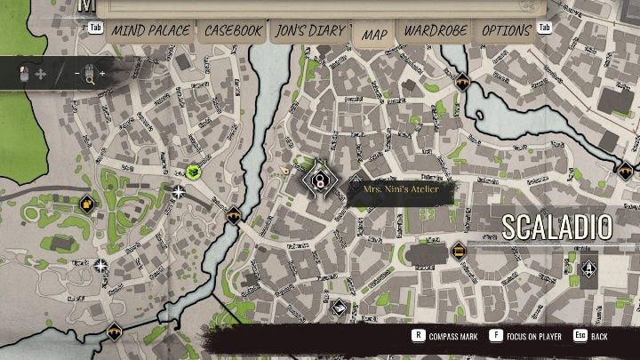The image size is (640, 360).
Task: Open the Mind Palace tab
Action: pos(150,31)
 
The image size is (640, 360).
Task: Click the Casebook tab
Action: pos(234,31)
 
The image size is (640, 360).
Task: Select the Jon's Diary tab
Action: pos(309,31)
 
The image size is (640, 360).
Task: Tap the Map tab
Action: pos(374,34)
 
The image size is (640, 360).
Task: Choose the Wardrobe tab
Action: pos(435,31)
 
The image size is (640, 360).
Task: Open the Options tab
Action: pos(506,31)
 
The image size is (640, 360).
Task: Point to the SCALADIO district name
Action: pos(557,227)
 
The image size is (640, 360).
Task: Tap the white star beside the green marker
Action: pos(180,191)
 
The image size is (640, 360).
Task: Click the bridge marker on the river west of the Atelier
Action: pos(234,214)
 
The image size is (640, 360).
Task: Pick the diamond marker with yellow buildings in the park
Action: pos(86,204)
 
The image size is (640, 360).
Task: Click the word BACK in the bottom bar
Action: pos(600,337)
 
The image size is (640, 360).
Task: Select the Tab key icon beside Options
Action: pos(545,28)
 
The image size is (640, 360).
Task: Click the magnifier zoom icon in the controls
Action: pos(89,74)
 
